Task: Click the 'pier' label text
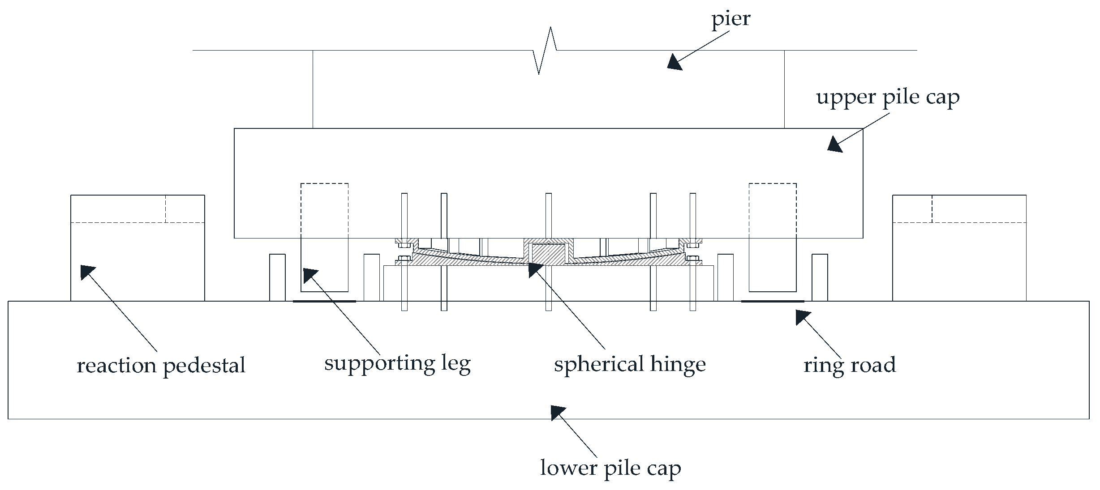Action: tap(730, 19)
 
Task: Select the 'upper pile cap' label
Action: tap(887, 98)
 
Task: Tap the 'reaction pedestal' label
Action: tap(161, 366)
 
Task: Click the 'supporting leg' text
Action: tap(397, 363)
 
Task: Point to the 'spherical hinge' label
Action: tap(630, 364)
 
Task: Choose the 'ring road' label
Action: tap(849, 365)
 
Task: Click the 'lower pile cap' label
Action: tap(610, 469)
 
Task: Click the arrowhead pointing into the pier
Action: tap(674, 62)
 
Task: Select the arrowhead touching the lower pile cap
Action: tap(558, 412)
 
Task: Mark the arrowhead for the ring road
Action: tap(803, 317)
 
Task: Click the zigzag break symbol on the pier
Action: tap(545, 51)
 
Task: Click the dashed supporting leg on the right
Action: tap(773, 237)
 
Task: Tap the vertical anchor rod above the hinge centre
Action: tap(549, 215)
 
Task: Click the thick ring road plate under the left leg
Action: tap(324, 301)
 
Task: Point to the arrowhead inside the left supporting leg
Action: tap(310, 275)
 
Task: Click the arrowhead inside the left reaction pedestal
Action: tap(87, 272)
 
